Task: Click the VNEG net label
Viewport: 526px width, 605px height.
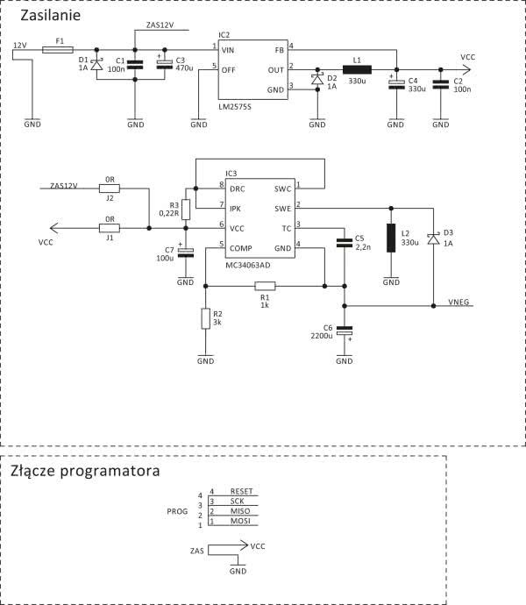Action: pyautogui.click(x=459, y=301)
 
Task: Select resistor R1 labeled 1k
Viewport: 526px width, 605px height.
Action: pyautogui.click(x=265, y=285)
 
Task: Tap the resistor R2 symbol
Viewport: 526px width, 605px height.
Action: pyautogui.click(x=206, y=318)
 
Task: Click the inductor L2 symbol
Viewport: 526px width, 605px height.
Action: pyautogui.click(x=391, y=238)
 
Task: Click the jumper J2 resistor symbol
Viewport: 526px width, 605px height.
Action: pyautogui.click(x=110, y=187)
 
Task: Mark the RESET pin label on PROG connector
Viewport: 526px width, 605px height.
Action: pyautogui.click(x=240, y=493)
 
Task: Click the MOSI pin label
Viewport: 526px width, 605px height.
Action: pyautogui.click(x=240, y=521)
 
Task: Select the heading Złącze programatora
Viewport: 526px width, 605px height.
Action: pyautogui.click(x=86, y=471)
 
